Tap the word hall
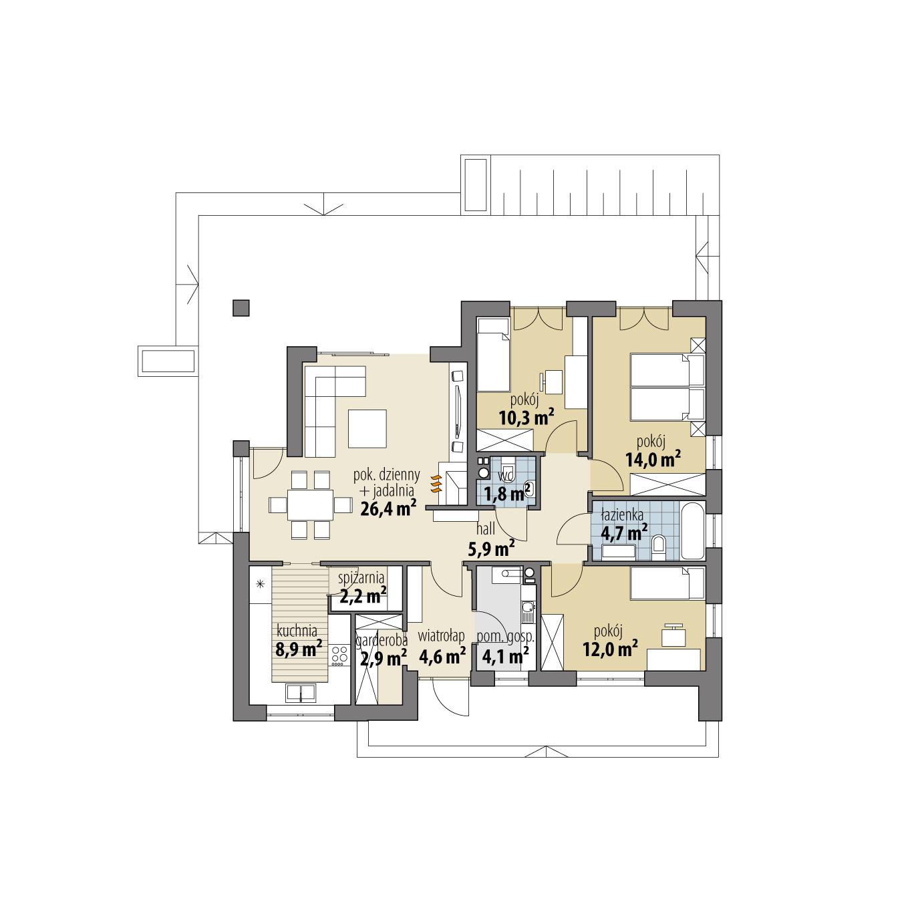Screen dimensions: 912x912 pos(486,529)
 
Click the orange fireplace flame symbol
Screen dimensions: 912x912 pos(436,484)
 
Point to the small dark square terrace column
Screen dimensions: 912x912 pos(241,307)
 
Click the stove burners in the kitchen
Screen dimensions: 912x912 pos(339,655)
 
